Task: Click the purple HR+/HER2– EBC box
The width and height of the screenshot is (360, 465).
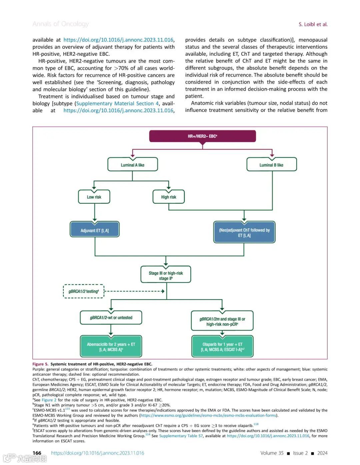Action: (x=202, y=136)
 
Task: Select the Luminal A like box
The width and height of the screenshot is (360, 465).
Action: (x=132, y=165)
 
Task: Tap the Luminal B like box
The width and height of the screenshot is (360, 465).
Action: (x=271, y=165)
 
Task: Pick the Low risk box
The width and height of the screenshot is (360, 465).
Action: (x=94, y=197)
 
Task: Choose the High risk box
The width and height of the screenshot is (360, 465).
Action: (x=168, y=197)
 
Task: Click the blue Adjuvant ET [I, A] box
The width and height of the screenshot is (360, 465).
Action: (x=95, y=230)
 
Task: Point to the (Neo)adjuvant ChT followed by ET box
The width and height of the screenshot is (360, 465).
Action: (x=244, y=232)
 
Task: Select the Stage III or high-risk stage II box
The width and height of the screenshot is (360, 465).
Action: (x=166, y=275)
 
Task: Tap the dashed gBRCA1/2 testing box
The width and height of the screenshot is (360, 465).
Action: (x=84, y=291)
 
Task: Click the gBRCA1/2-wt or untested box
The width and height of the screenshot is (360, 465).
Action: (x=111, y=317)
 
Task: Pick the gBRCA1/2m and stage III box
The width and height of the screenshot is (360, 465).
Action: (x=222, y=321)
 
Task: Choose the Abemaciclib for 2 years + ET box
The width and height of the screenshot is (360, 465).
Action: (x=111, y=347)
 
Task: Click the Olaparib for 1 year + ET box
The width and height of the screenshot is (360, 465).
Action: (x=222, y=347)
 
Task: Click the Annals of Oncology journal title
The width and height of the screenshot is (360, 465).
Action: (x=61, y=24)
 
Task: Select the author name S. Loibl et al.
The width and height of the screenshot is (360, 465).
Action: (x=313, y=24)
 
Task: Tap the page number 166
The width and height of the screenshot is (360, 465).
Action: (x=37, y=453)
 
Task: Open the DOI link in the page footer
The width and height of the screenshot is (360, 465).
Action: (x=98, y=453)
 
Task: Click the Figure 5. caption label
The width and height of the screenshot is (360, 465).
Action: (x=40, y=364)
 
